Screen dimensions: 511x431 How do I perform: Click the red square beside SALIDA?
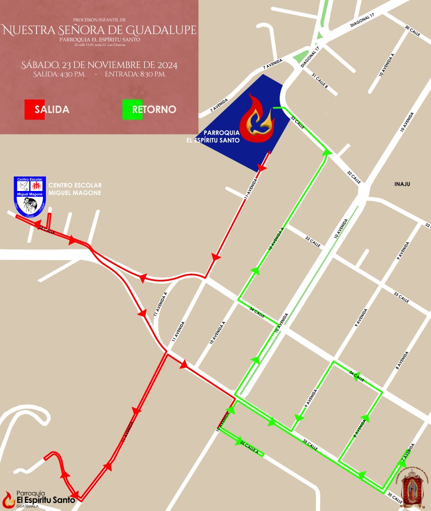point(29,109)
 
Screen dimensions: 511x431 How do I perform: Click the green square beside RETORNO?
point(127,109)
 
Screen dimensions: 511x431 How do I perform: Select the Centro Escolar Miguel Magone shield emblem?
point(30,196)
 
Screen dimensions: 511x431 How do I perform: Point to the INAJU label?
point(402,184)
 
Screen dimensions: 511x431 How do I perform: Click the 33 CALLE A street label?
point(313,242)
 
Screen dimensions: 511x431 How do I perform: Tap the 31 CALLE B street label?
point(320,81)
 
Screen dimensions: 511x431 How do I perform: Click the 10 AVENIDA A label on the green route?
point(276,239)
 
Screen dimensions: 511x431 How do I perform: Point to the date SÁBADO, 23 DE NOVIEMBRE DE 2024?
point(99,65)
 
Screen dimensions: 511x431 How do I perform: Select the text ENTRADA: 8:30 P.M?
point(135,74)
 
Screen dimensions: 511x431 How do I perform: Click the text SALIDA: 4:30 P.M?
point(59,74)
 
